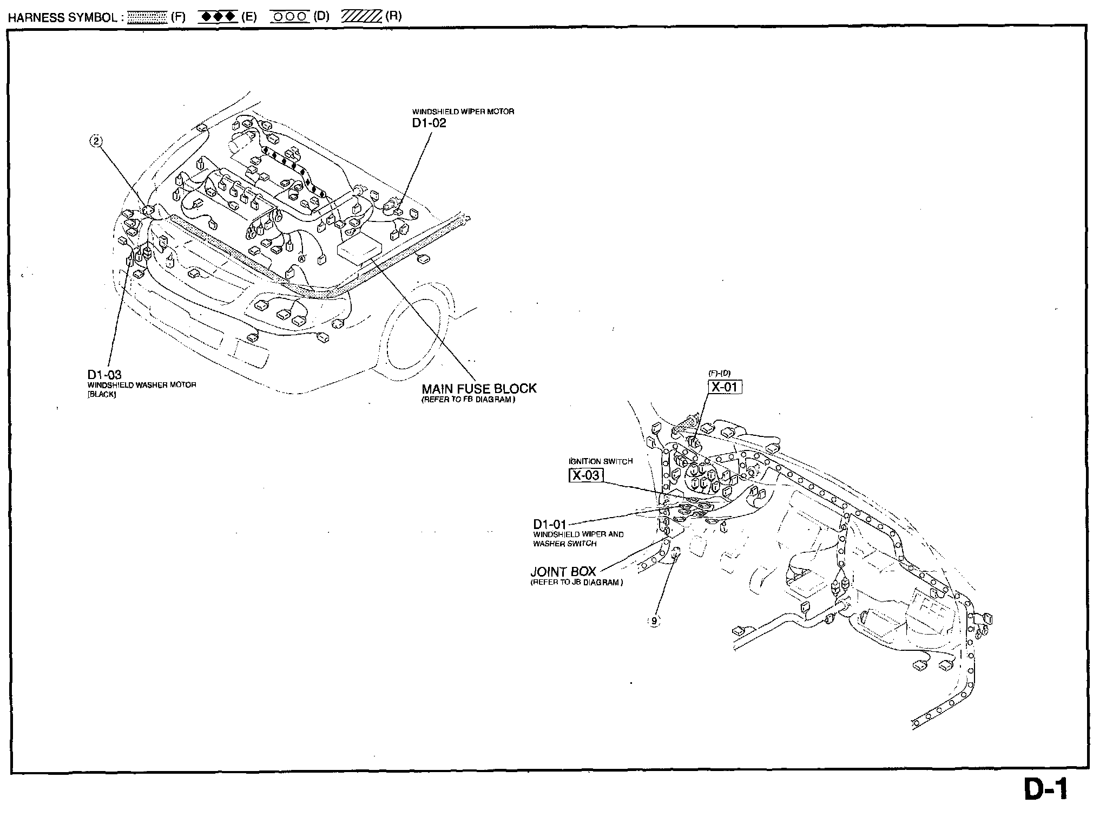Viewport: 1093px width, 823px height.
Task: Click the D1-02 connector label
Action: tap(429, 123)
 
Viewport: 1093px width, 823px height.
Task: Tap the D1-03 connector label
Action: tap(104, 375)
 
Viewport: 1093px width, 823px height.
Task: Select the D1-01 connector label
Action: tap(549, 524)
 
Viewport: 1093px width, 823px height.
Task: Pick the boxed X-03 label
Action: tap(586, 475)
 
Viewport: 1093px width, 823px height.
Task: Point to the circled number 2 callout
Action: tap(96, 142)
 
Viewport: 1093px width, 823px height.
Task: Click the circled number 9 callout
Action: tap(654, 621)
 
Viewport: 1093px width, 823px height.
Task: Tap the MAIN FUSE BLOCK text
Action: tap(479, 388)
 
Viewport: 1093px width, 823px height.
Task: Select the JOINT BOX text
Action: tap(563, 572)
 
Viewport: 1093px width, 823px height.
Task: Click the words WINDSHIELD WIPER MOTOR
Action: tap(463, 112)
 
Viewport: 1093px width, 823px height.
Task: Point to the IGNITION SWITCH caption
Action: tap(601, 461)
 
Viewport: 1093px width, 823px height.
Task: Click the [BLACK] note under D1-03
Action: tap(102, 394)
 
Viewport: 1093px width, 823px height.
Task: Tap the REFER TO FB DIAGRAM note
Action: tap(468, 400)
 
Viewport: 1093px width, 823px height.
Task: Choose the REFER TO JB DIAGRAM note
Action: tap(576, 583)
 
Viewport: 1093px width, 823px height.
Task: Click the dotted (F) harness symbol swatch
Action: tap(147, 17)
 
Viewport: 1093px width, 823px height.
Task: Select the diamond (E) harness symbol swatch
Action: tap(218, 17)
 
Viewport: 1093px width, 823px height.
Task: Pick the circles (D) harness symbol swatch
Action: tap(289, 17)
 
